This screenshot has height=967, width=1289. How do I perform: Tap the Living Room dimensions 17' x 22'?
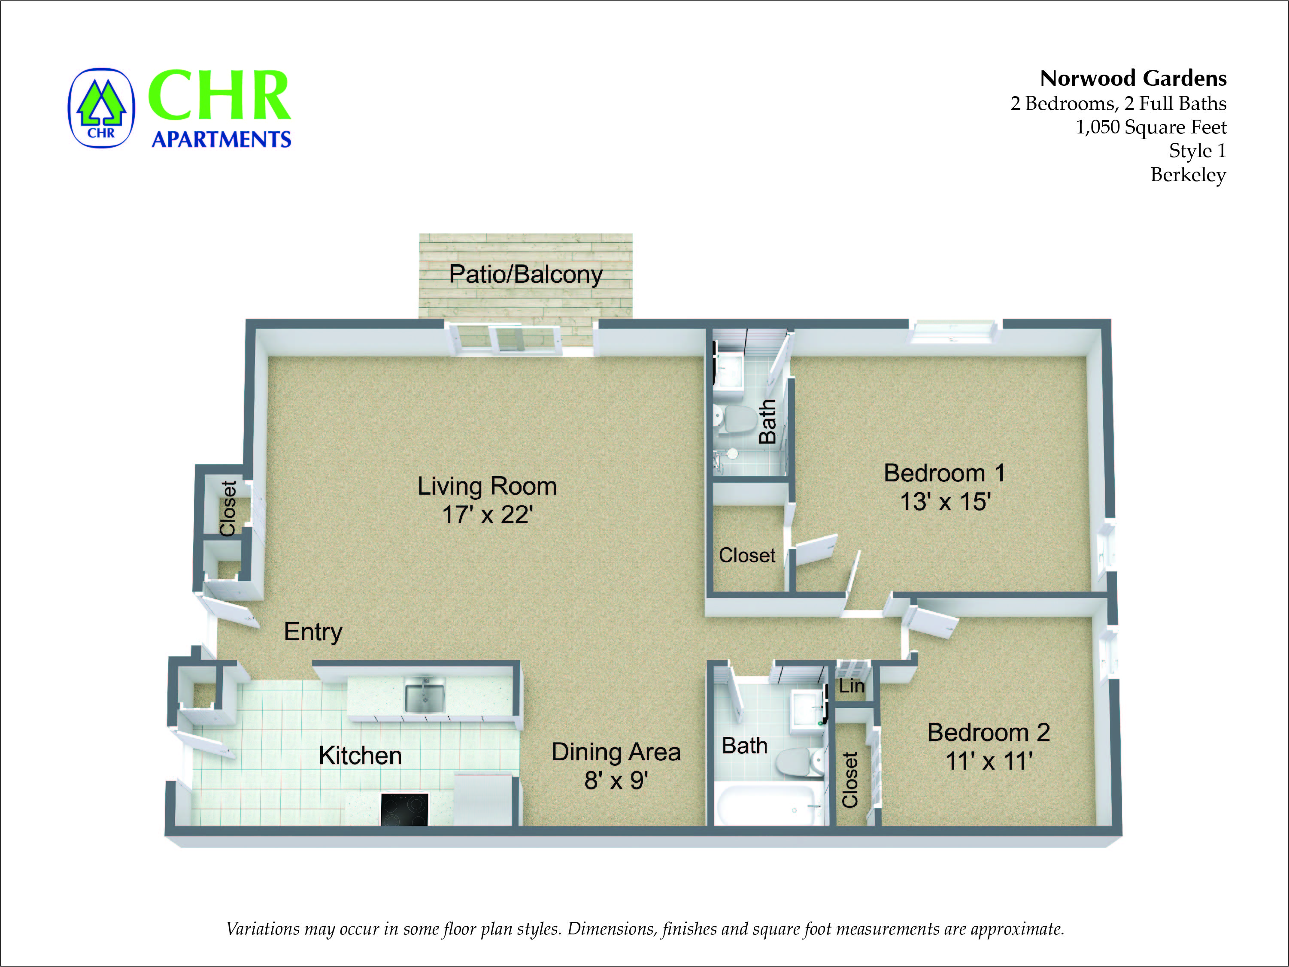487,514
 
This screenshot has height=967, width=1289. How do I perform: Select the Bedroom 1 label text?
944,473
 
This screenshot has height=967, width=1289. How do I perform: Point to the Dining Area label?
616,752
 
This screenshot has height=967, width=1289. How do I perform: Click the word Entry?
313,632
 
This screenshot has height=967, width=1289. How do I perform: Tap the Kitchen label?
360,755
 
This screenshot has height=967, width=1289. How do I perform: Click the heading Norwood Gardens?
1133,78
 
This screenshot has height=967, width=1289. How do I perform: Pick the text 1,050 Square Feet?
1150,127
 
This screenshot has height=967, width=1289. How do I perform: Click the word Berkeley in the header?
1188,175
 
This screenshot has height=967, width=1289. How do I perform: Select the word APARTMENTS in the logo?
221,139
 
